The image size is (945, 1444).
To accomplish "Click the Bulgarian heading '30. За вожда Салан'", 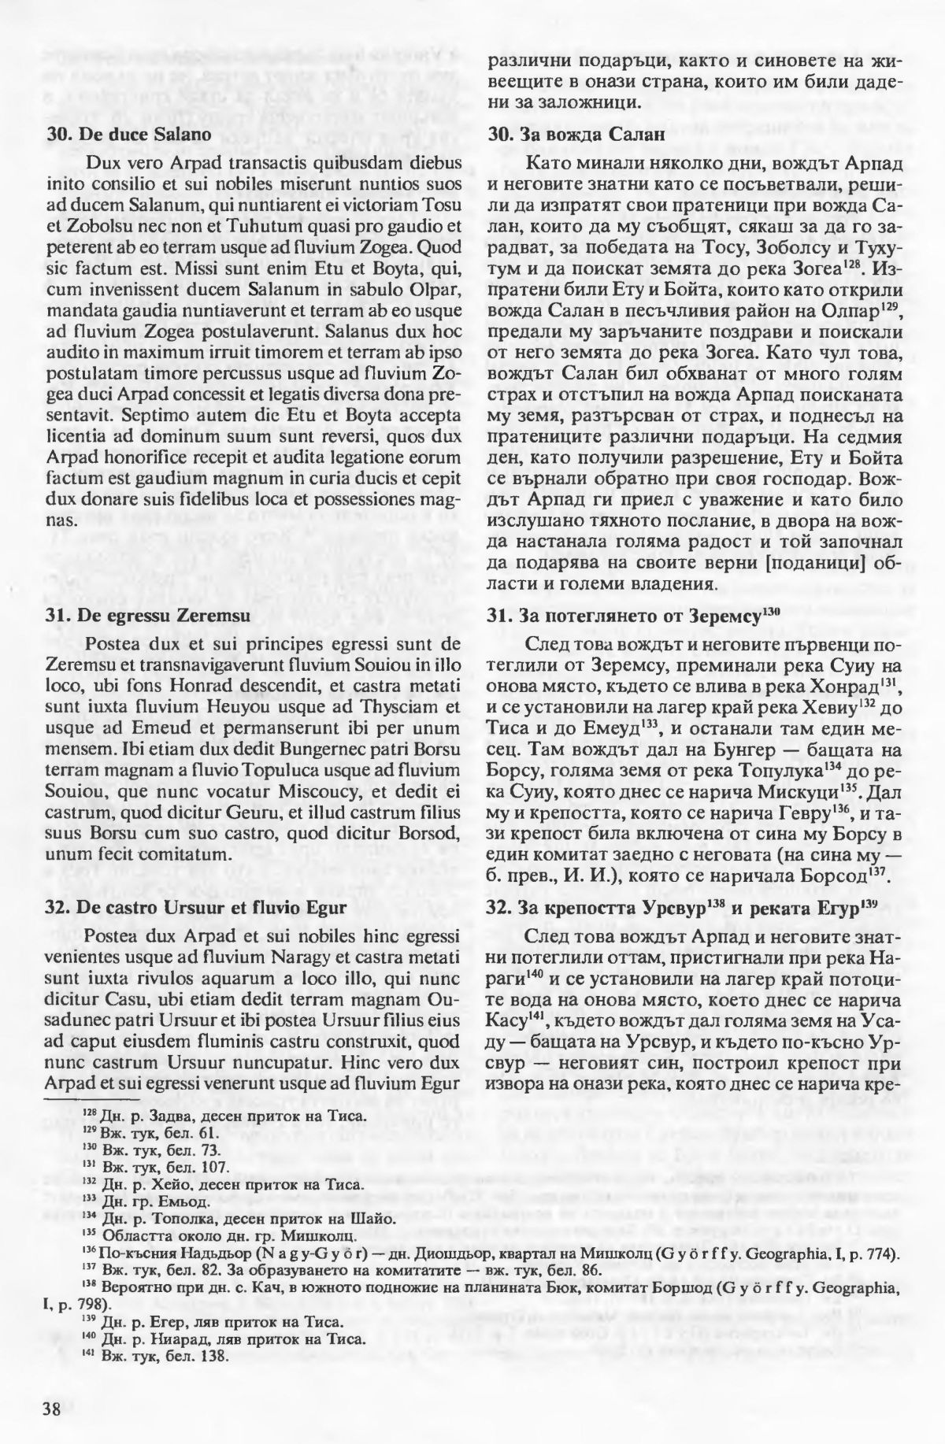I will click(x=576, y=135).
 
